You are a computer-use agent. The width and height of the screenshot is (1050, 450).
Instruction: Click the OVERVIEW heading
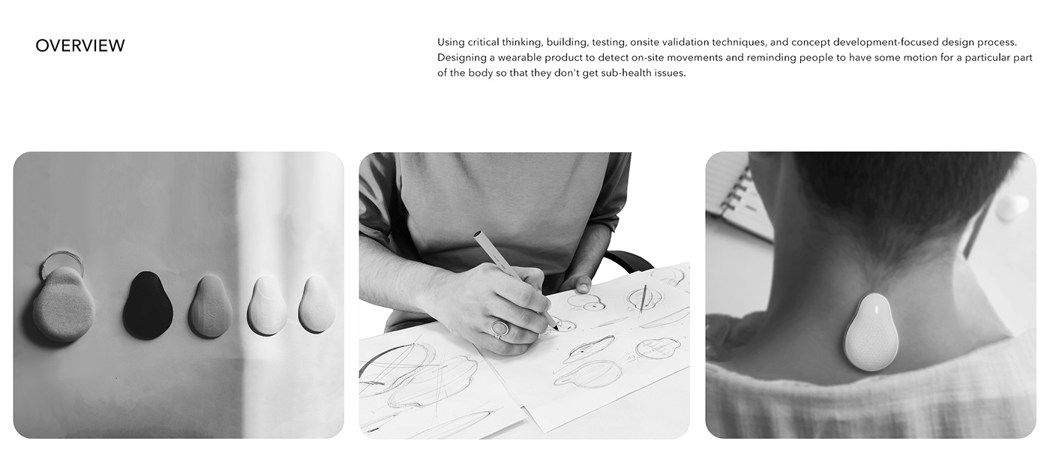pyautogui.click(x=80, y=46)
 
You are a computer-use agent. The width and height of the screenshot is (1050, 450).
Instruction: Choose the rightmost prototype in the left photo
pyautogui.click(x=317, y=304)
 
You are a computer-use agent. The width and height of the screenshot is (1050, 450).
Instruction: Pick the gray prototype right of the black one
pyautogui.click(x=211, y=306)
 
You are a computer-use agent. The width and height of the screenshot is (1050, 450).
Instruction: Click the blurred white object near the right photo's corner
pyautogui.click(x=1012, y=208)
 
